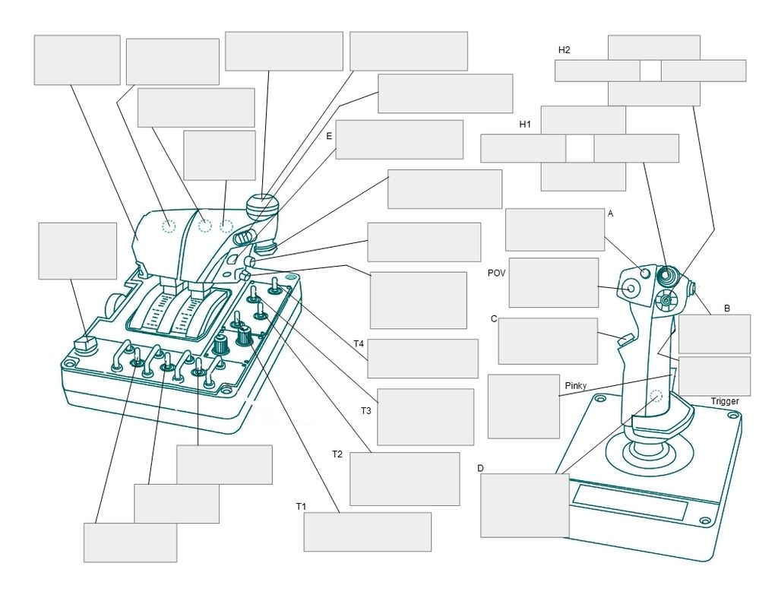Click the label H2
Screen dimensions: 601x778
tap(564, 50)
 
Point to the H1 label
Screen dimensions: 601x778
tap(525, 124)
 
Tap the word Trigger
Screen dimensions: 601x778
tap(724, 401)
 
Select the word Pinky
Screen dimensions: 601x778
tap(576, 386)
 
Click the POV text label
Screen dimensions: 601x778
tap(497, 273)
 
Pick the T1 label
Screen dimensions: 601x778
tap(301, 505)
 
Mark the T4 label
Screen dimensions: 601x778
tap(359, 344)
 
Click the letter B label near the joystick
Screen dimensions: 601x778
tap(726, 308)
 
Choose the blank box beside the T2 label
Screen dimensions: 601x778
tap(404, 479)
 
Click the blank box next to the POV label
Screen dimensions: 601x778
tap(553, 283)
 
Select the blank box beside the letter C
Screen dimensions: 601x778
tap(547, 341)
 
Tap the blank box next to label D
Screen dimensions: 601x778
tap(525, 505)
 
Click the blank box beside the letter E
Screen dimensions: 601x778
tap(399, 140)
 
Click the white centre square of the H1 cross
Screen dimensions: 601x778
tap(580, 149)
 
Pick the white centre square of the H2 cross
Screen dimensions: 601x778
tap(650, 71)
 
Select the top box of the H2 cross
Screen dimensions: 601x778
tap(654, 47)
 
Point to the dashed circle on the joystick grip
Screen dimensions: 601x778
tap(656, 395)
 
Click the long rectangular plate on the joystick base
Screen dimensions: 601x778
tap(630, 502)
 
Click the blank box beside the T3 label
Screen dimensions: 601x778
tap(425, 416)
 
